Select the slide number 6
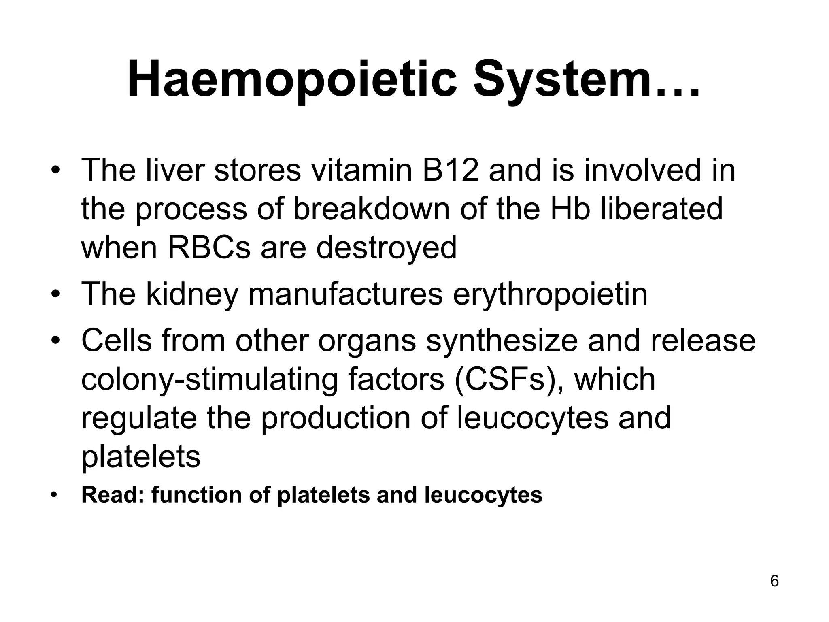pyautogui.click(x=774, y=581)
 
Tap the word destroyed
pyautogui.click(x=386, y=248)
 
